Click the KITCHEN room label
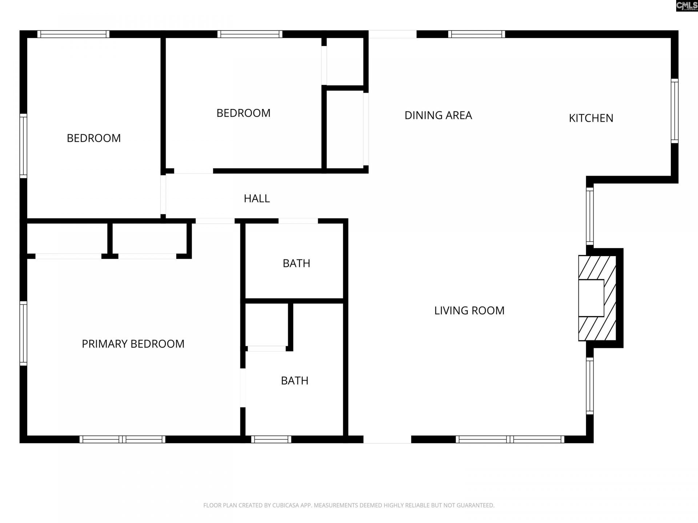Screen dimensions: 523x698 click(591, 118)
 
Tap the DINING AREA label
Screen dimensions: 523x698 click(438, 115)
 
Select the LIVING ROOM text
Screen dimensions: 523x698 click(469, 311)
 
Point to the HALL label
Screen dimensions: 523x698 click(257, 199)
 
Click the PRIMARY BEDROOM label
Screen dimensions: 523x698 click(133, 344)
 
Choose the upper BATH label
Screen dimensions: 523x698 click(296, 263)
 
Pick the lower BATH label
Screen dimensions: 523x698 click(294, 381)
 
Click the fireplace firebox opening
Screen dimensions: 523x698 click(591, 298)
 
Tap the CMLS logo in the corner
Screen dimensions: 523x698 click(686, 6)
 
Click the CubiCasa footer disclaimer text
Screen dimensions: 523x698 click(349, 505)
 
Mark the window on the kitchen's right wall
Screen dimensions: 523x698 click(674, 111)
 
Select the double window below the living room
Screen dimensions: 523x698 click(510, 439)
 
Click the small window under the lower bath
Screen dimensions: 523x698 click(271, 439)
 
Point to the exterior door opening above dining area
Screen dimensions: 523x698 click(392, 34)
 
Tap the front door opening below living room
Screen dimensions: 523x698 click(387, 439)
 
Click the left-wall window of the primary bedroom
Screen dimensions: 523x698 click(23, 333)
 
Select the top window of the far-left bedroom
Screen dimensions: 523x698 click(73, 34)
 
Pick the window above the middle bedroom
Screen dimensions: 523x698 click(250, 34)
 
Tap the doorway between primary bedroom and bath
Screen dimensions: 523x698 click(242, 388)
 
